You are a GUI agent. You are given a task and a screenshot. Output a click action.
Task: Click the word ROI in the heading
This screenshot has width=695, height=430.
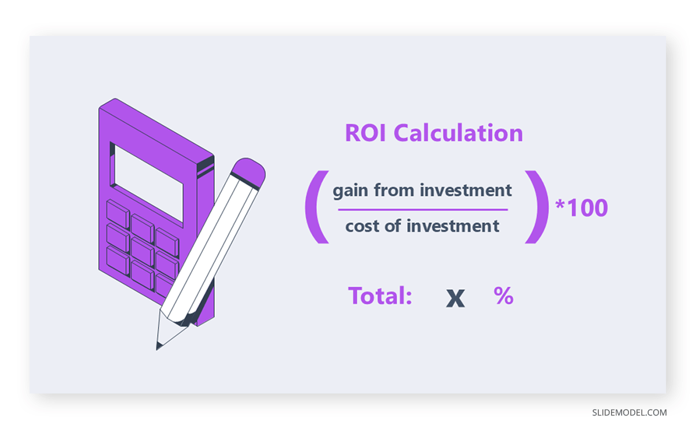tap(367, 133)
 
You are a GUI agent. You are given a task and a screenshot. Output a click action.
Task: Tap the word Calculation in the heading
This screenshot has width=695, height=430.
tap(458, 133)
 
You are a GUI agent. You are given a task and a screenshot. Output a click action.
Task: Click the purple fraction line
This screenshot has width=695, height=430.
tap(423, 210)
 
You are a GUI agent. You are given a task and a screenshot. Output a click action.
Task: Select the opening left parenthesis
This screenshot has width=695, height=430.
tap(314, 207)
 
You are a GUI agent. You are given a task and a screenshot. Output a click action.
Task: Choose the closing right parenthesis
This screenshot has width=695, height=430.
tap(536, 207)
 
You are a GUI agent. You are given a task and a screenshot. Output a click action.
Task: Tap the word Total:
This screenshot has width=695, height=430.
tap(380, 296)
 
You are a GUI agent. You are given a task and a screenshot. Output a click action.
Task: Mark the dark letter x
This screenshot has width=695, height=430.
tap(456, 297)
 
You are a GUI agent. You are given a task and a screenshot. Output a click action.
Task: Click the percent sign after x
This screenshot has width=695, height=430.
tap(503, 296)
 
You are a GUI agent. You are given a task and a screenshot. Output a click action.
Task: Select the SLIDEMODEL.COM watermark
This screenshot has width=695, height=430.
tap(629, 413)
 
